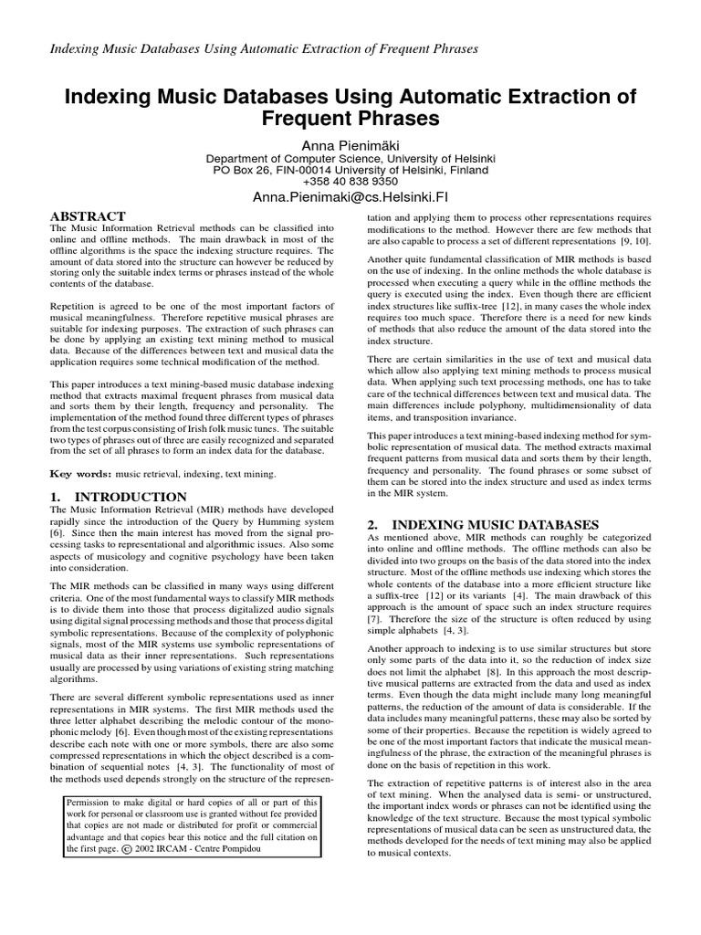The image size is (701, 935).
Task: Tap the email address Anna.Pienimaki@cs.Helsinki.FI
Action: coord(350,197)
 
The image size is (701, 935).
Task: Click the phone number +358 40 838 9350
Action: coord(350,181)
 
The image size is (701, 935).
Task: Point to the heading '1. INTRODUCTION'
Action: coord(119,497)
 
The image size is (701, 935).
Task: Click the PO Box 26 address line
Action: coord(350,169)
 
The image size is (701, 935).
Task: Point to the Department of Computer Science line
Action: coord(350,157)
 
